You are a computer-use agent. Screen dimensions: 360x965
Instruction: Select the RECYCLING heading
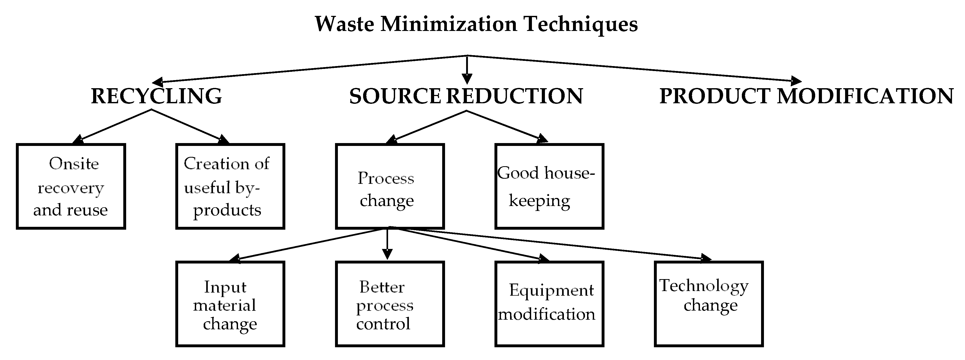click(x=156, y=96)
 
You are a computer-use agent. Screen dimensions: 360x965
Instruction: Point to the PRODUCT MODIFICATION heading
click(x=806, y=96)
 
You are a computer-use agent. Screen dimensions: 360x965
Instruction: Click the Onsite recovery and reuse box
click(x=71, y=186)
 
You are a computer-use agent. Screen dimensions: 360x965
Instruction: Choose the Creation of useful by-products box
click(x=230, y=186)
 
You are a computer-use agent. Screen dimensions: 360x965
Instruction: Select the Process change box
click(x=390, y=186)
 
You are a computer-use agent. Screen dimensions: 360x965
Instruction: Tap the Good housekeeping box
click(x=549, y=186)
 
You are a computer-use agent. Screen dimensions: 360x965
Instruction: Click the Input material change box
click(x=230, y=304)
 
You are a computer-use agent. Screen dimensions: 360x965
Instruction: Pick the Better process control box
click(x=390, y=304)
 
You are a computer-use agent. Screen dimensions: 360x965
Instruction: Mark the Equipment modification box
click(x=549, y=304)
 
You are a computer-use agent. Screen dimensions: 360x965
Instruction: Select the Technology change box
click(x=709, y=304)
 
